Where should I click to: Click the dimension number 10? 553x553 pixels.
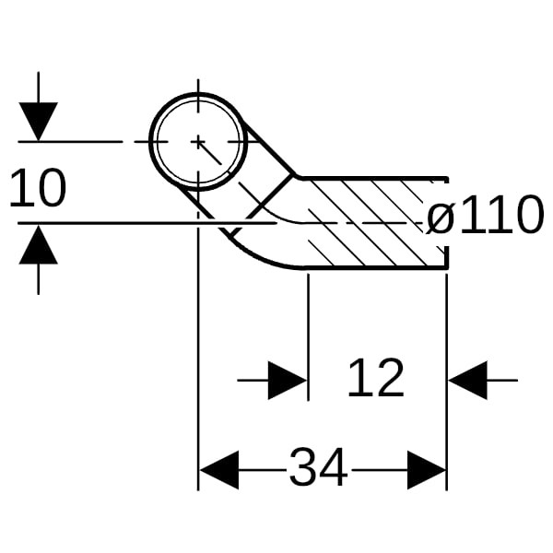click(38, 189)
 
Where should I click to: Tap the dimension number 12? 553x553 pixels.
click(376, 378)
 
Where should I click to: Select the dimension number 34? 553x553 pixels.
click(318, 468)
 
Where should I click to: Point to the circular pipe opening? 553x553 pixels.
click(198, 141)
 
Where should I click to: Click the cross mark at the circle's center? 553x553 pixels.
click(198, 141)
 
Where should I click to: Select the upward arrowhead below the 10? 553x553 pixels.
click(38, 244)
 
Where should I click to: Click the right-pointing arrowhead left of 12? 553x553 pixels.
click(288, 379)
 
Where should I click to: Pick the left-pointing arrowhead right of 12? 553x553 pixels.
click(467, 379)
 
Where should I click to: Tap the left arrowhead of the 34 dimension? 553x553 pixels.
click(218, 470)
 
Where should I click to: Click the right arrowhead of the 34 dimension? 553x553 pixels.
click(427, 470)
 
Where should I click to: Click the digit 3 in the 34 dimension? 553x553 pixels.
click(303, 468)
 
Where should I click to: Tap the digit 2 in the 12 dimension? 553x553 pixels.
click(390, 378)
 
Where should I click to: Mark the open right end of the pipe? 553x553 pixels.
click(447, 221)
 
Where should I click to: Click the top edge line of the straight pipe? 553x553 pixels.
click(369, 177)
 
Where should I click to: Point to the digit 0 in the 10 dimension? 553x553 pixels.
click(52, 189)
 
